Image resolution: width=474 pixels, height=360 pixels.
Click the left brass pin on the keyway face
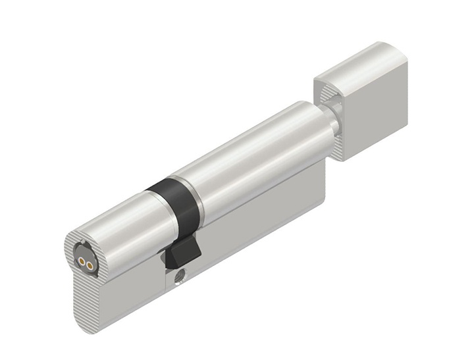81,260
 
